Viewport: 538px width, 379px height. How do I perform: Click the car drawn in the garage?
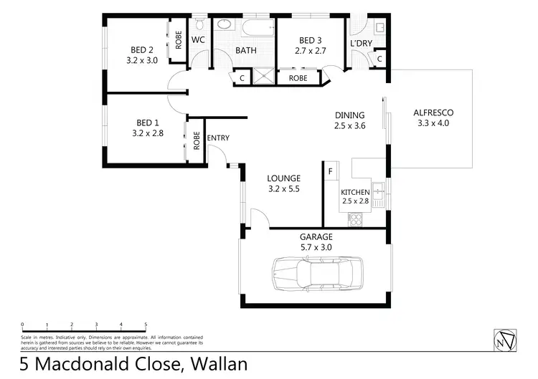pos(316,273)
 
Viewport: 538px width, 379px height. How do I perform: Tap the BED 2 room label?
pos(142,49)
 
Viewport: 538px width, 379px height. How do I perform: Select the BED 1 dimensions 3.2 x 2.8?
pos(148,133)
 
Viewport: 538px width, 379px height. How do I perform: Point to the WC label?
pos(199,40)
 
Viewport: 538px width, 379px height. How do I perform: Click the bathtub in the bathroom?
pos(258,29)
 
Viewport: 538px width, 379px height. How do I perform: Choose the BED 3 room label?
pos(311,40)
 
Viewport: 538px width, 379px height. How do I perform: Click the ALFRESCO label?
pos(433,112)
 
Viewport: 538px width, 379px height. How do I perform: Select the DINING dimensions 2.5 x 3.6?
pos(350,125)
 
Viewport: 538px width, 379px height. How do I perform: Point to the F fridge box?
pos(330,172)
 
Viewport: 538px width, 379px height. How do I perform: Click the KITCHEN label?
pos(355,192)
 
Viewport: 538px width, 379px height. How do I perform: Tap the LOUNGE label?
pos(283,178)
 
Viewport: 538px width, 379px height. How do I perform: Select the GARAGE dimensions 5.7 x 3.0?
pos(316,247)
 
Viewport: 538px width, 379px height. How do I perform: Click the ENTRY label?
pos(218,138)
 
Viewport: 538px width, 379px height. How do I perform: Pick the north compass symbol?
pos(506,340)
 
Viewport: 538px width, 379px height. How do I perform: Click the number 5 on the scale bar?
pos(146,325)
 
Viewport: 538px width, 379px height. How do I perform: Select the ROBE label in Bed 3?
pos(298,77)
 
